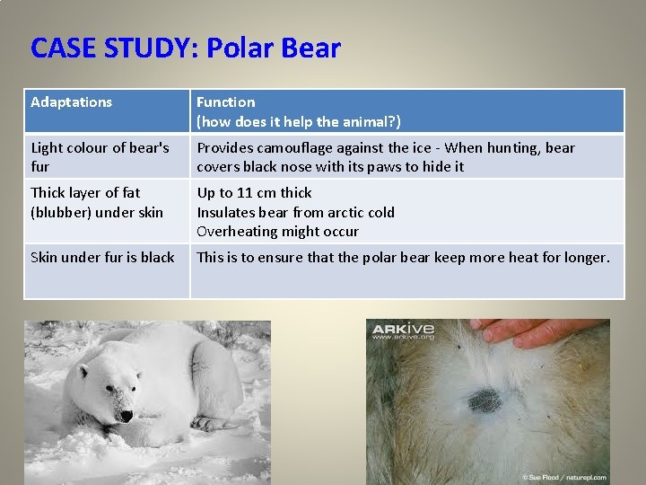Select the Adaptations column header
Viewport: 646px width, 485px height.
click(x=72, y=102)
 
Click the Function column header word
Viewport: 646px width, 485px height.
click(x=225, y=102)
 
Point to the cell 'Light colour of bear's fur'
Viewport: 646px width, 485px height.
click(x=99, y=157)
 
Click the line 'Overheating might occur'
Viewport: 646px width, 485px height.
click(x=277, y=232)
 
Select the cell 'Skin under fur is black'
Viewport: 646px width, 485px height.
click(x=102, y=258)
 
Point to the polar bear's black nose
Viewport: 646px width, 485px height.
click(x=127, y=415)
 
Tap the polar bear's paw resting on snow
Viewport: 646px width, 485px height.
click(x=214, y=422)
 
